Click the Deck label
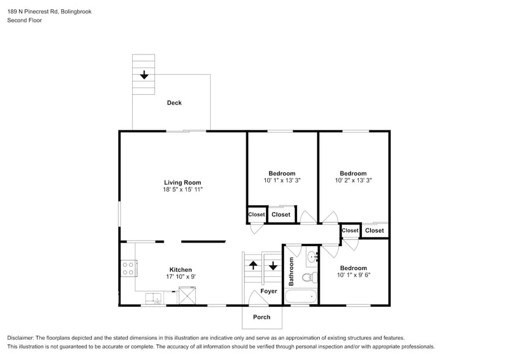[174, 103]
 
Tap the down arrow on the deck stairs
[144, 75]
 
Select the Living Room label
[183, 182]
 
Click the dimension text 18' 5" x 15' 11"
[183, 190]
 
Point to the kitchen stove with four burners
[129, 268]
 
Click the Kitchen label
[181, 269]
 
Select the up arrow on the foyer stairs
[253, 266]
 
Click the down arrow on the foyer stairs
[273, 266]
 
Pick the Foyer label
[268, 291]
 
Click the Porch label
[262, 317]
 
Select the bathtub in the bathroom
[301, 298]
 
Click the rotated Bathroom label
[292, 271]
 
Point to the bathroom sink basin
[311, 256]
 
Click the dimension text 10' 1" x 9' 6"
[353, 276]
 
